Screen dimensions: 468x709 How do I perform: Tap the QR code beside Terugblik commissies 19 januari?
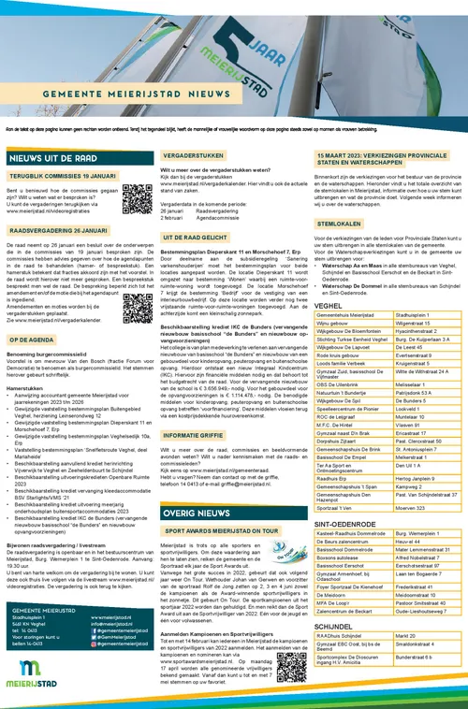pyautogui.click(x=135, y=195)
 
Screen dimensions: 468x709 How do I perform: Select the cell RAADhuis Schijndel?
pyautogui.click(x=347, y=634)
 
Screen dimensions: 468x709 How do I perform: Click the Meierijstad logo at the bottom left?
pyautogui.click(x=37, y=677)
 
